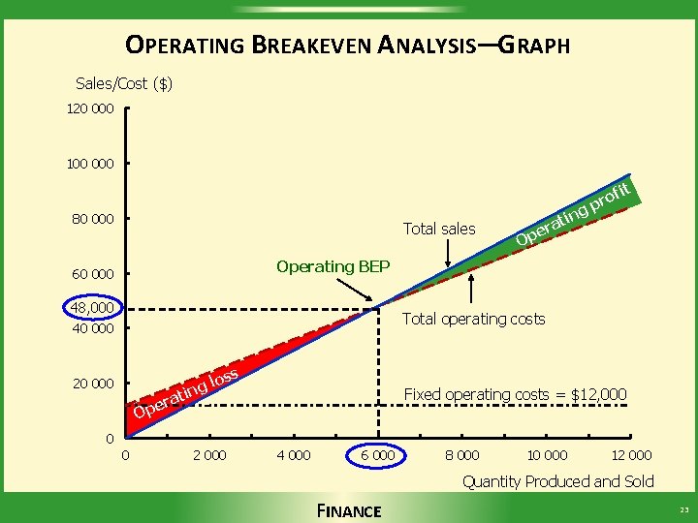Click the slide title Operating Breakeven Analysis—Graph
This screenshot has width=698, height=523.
pyautogui.click(x=348, y=45)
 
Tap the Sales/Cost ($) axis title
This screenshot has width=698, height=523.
pyautogui.click(x=124, y=83)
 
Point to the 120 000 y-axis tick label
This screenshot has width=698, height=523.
pyautogui.click(x=90, y=109)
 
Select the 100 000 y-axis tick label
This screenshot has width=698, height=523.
pyautogui.click(x=90, y=164)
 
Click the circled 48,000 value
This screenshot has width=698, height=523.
pyautogui.click(x=93, y=308)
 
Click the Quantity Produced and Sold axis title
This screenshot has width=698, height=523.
pyautogui.click(x=557, y=481)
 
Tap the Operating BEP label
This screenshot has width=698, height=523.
pyautogui.click(x=333, y=266)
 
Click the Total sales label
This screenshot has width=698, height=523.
pyautogui.click(x=438, y=230)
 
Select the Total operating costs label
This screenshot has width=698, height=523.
pyautogui.click(x=473, y=319)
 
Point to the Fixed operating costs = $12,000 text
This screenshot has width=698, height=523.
pyautogui.click(x=515, y=394)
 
